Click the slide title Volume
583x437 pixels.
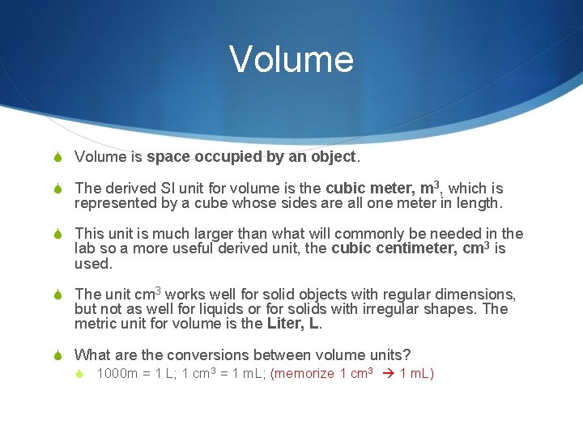pyautogui.click(x=291, y=59)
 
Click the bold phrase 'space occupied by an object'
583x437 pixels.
pyautogui.click(x=251, y=156)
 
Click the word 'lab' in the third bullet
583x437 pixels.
pyautogui.click(x=85, y=248)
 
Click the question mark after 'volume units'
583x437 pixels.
pyautogui.click(x=407, y=354)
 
